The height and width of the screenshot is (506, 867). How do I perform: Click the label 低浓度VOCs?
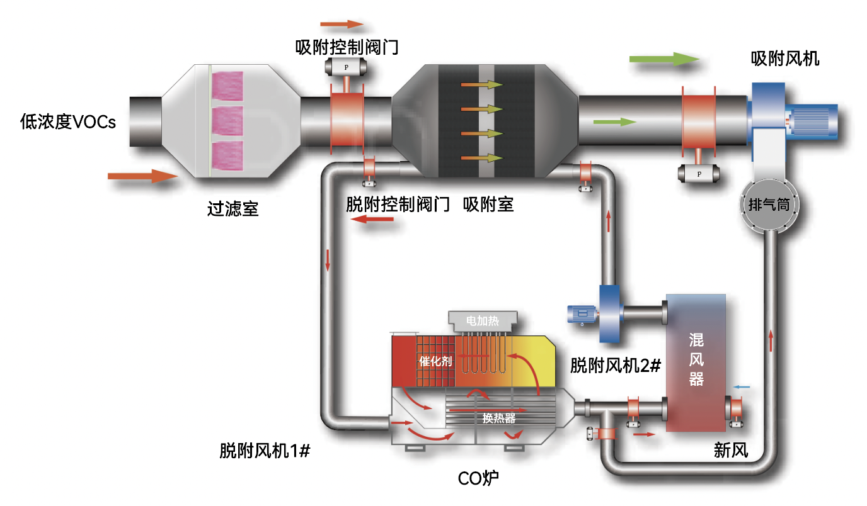tap(68, 121)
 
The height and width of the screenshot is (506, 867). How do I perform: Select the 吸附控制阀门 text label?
tap(347, 47)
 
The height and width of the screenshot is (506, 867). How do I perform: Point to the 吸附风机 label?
tap(785, 59)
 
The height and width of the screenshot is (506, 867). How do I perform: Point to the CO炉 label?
tap(478, 480)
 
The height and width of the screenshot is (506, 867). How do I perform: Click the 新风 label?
tap(730, 450)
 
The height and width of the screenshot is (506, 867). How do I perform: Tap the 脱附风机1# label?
tap(265, 451)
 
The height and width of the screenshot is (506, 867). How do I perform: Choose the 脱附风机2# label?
tap(615, 366)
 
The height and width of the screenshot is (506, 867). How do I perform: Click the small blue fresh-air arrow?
tap(742, 386)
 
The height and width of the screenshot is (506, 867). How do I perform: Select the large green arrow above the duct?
tap(664, 59)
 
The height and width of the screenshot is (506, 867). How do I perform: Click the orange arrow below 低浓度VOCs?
tap(142, 176)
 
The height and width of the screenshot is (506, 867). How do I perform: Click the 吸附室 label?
tap(488, 205)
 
